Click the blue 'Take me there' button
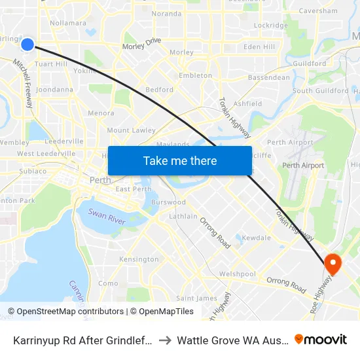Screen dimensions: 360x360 click(x=179, y=160)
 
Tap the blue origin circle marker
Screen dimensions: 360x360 click(x=27, y=44)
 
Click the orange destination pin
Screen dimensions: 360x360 click(x=333, y=263)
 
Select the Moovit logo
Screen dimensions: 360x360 click(x=321, y=340)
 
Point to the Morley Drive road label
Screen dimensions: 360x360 click(x=142, y=43)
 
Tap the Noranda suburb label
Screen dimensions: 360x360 click(x=166, y=13)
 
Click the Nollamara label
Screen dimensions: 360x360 click(x=68, y=23)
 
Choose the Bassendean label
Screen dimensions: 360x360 click(x=268, y=77)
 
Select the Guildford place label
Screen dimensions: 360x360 click(x=310, y=63)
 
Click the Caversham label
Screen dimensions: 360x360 click(x=318, y=11)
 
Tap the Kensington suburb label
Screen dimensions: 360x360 click(x=139, y=259)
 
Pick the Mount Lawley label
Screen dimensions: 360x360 click(x=132, y=130)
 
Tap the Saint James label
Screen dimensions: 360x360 click(x=197, y=298)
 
